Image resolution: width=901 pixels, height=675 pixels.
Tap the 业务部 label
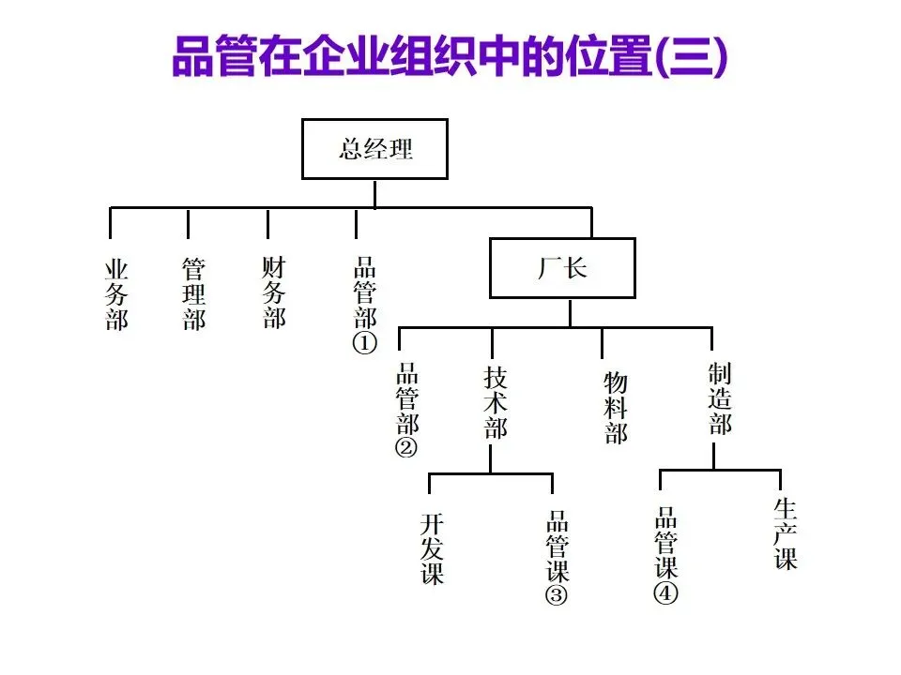(116, 295)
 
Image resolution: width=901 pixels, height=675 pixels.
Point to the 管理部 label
(193, 293)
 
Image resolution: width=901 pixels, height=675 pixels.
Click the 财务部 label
(274, 292)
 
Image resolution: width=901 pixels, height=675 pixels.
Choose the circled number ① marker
(364, 343)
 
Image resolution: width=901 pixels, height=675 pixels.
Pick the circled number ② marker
(406, 447)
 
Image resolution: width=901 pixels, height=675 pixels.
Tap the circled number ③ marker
(557, 594)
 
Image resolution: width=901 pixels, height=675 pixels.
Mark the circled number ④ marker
(665, 592)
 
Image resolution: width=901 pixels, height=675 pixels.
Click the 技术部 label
(496, 403)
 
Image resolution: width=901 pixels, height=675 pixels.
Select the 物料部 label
(616, 408)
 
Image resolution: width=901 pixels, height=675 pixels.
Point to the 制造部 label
(720, 398)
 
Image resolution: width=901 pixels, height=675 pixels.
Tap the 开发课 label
(432, 548)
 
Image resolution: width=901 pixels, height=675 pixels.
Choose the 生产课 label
(785, 534)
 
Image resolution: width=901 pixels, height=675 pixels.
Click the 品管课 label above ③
(557, 546)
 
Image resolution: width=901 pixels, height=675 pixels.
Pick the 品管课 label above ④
(666, 543)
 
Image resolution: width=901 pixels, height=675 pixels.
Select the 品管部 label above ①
(365, 292)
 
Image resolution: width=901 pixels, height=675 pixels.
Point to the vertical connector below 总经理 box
(374, 194)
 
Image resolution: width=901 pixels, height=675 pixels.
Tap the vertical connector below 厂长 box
(570, 313)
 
